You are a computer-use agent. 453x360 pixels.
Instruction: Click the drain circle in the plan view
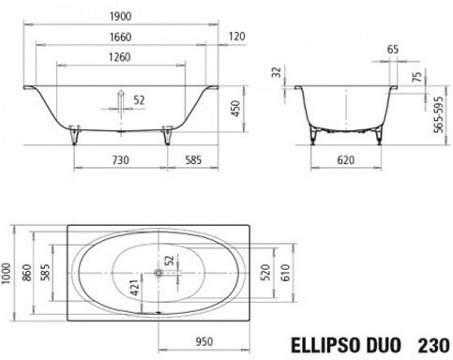[x=160, y=275]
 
